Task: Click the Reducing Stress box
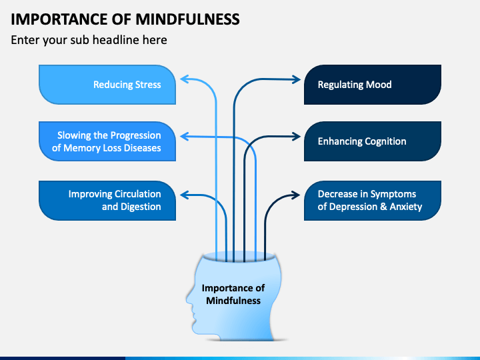click(107, 85)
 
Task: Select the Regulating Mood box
click(373, 85)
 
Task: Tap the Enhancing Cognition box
click(373, 141)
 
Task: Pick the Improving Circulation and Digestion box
click(107, 201)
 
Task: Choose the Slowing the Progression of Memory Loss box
click(107, 141)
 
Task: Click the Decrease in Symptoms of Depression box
click(373, 201)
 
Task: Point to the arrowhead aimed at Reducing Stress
click(184, 79)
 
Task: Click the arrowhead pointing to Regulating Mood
click(296, 79)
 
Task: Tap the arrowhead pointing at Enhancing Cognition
click(296, 137)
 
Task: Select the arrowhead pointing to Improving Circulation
click(184, 195)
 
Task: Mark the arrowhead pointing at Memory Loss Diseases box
click(184, 137)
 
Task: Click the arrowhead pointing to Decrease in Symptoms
click(296, 195)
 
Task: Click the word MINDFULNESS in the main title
click(187, 19)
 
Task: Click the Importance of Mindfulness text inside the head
click(233, 294)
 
